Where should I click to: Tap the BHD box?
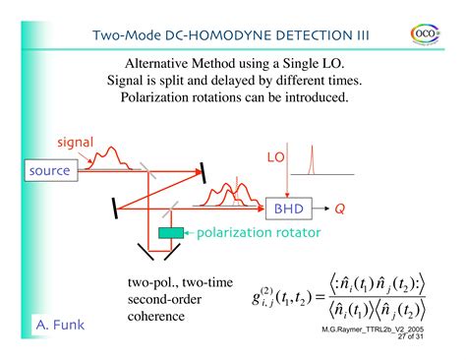[287, 209]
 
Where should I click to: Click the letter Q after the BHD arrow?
[339, 209]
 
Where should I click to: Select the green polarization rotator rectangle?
[171, 232]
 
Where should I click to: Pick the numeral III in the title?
[361, 34]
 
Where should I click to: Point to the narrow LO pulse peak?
[312, 157]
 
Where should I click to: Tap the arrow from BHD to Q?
[320, 209]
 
